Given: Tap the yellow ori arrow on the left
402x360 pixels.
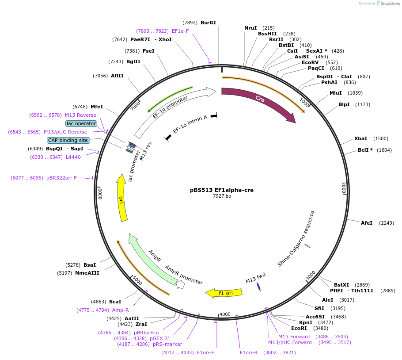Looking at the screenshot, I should pos(122,199).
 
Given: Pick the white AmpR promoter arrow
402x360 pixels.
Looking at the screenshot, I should pos(180,286).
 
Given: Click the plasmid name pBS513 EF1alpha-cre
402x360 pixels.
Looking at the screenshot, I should pos(222,190).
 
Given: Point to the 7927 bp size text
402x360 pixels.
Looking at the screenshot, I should pos(222,196).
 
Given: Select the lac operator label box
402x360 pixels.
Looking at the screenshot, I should pos(81,123).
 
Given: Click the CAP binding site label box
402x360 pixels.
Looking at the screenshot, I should pos(68,140).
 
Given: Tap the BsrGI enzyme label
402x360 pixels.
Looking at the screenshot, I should pos(209,23).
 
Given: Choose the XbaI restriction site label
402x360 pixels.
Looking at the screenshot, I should pos(360,138).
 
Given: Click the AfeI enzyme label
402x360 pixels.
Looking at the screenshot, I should pos(367,223).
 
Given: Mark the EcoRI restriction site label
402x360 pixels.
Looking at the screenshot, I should pos(299,328).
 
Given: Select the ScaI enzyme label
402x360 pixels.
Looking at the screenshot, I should pos(115,302).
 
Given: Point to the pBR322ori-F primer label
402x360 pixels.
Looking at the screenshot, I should pos(61,178).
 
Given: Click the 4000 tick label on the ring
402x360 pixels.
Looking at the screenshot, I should pos(225,314).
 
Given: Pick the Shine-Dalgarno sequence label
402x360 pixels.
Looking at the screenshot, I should pos(296,239).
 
